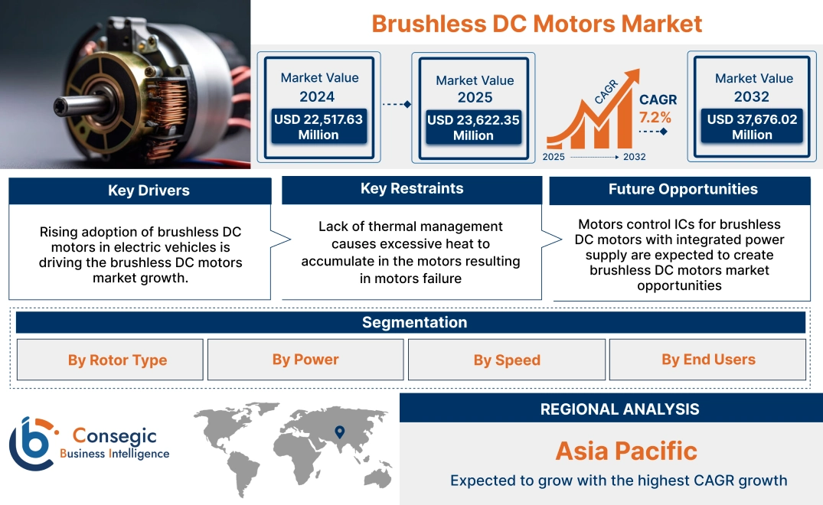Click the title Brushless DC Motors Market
pos(537,24)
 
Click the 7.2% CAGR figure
pos(655,118)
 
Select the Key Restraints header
pos(412,189)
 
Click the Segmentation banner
pos(414,322)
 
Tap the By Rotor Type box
pos(117,360)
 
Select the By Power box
pos(305,360)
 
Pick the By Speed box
pos(507,360)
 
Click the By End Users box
pos(708,360)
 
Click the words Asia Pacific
pos(626,451)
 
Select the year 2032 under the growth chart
pos(635,157)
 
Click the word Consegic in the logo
pos(114,436)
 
